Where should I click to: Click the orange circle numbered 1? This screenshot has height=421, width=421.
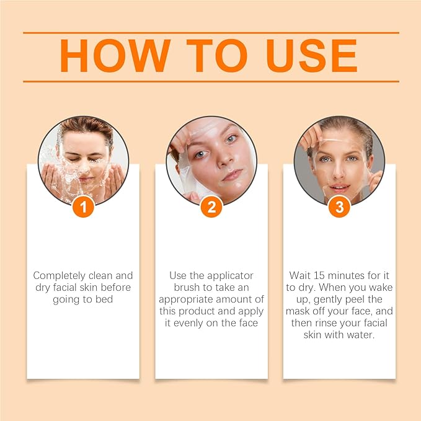pyautogui.click(x=83, y=206)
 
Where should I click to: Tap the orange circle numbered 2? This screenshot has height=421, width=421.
pyautogui.click(x=211, y=206)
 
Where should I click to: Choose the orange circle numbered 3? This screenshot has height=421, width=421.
pyautogui.click(x=339, y=206)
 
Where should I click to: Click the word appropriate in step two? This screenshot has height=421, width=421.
pyautogui.click(x=192, y=299)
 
